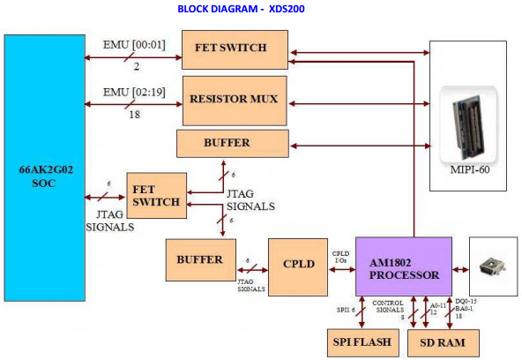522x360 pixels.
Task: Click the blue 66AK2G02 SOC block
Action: (45, 169)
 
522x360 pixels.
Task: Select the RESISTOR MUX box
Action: (235, 101)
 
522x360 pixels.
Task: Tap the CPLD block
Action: (298, 267)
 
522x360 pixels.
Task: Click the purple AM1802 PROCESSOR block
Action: (404, 266)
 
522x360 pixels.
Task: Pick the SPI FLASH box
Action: (363, 342)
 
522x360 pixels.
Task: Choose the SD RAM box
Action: (444, 343)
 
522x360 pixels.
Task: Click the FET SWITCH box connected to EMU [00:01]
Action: (235, 50)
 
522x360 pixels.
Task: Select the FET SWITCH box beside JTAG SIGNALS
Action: (156, 196)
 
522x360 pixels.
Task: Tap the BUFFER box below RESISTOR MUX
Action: (233, 144)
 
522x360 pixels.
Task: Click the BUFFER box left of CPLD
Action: (201, 259)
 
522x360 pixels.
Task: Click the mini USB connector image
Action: (492, 267)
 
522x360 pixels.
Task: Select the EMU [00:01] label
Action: (134, 45)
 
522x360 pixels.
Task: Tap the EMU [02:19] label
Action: (134, 93)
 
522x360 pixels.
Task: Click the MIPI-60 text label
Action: (470, 169)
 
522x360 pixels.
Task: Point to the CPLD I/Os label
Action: (341, 257)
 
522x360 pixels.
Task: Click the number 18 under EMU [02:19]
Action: (135, 115)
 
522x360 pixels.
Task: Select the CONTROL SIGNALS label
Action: (388, 306)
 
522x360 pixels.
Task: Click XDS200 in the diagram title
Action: (287, 9)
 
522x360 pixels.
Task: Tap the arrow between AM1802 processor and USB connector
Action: (461, 270)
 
